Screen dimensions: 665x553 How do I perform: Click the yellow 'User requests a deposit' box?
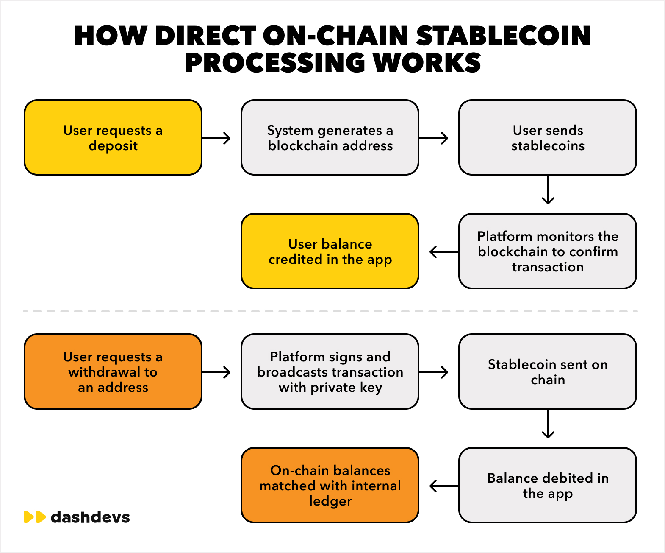pyautogui.click(x=113, y=137)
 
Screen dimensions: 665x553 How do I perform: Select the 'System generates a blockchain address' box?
pyautogui.click(x=330, y=137)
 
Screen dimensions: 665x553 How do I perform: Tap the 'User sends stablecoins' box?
pyautogui.click(x=548, y=137)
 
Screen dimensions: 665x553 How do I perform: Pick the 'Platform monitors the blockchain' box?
pyautogui.click(x=548, y=251)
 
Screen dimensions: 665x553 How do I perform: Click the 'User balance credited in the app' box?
pyautogui.click(x=330, y=251)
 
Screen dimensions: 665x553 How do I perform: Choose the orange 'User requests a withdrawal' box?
pyautogui.click(x=113, y=371)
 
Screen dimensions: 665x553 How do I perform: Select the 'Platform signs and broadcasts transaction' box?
pyautogui.click(x=330, y=371)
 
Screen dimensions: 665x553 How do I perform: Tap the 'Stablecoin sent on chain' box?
pyautogui.click(x=548, y=371)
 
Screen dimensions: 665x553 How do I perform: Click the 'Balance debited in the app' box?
pyautogui.click(x=548, y=486)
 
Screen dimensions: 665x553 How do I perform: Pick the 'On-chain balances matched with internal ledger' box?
pyautogui.click(x=330, y=486)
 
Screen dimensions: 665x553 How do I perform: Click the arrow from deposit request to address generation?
pyautogui.click(x=216, y=138)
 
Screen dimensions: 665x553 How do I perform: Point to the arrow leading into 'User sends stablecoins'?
pyautogui.click(x=434, y=138)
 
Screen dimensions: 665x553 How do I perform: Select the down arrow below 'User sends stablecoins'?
pyautogui.click(x=548, y=190)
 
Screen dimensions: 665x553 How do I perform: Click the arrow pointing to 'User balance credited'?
pyautogui.click(x=444, y=252)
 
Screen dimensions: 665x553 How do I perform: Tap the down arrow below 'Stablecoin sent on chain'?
pyautogui.click(x=548, y=424)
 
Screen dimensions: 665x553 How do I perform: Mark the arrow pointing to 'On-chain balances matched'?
pyautogui.click(x=444, y=486)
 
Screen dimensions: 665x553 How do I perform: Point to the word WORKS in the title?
pyautogui.click(x=427, y=62)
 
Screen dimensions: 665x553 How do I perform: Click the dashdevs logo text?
pyautogui.click(x=91, y=517)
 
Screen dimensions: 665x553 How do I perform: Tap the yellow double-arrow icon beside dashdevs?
pyautogui.click(x=35, y=517)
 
